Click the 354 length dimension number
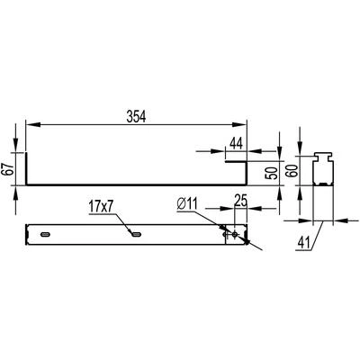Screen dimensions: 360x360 [136, 117]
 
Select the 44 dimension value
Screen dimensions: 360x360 [238, 143]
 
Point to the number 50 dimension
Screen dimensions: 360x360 [273, 173]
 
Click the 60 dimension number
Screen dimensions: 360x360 [293, 170]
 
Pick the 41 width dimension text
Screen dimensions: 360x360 [303, 243]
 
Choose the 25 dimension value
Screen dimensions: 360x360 [240, 202]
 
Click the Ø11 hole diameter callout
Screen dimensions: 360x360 [186, 205]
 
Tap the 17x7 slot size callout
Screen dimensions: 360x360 [102, 208]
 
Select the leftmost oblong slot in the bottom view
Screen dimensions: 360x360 [46, 234]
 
